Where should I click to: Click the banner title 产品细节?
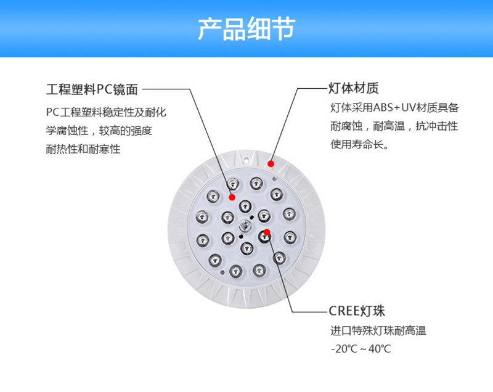pos(246,28)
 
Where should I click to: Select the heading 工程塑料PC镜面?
pos(92,89)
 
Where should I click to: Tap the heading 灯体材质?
pos(353,88)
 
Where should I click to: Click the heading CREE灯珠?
pos(357,311)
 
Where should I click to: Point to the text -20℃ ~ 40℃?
pos(361,349)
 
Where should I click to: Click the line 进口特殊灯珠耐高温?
pos(378,331)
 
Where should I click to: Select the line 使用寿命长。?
pos(359,144)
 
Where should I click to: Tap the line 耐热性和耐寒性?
pos(83,149)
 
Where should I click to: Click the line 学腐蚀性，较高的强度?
pos(99,131)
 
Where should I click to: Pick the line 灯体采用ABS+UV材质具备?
pos(394,108)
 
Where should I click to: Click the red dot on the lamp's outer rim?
pos(271,164)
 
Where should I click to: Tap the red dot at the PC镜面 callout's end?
pos(232,197)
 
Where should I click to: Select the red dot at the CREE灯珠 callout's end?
pos(267,232)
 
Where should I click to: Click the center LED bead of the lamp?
pos(245,226)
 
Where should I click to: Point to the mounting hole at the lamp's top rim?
pos(246,161)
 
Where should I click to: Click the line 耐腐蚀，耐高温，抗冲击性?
pos(394,126)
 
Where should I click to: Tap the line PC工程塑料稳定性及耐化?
pos(106,112)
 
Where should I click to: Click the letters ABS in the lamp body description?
pos(383,108)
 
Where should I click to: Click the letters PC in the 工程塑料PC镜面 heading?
pos(104,89)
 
